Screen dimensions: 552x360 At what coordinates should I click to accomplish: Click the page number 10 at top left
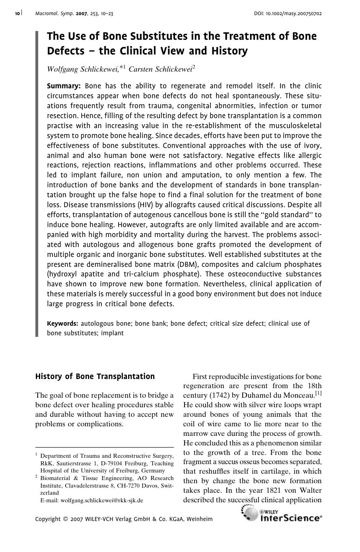click(17, 14)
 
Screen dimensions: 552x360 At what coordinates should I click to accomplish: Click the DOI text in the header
click(288, 14)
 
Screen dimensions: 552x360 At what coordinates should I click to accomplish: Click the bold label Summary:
click(64, 86)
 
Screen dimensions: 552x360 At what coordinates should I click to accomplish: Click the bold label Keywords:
click(62, 323)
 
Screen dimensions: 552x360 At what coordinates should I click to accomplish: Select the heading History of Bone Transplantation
click(95, 376)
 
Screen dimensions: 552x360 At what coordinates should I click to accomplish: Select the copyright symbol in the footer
click(66, 519)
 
